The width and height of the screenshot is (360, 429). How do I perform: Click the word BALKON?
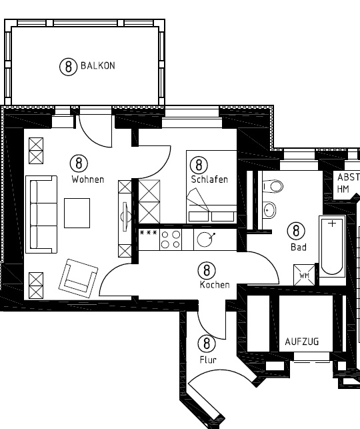[x=98, y=66]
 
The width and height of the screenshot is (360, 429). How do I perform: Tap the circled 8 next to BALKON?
[x=67, y=66]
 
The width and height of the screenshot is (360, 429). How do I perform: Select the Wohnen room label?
[x=87, y=179]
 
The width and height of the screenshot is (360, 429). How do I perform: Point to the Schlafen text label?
[x=209, y=179]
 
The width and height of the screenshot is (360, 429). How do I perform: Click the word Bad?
[x=297, y=247]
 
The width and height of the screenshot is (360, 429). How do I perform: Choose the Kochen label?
[x=215, y=285]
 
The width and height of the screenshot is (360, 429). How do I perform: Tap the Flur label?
[x=208, y=360]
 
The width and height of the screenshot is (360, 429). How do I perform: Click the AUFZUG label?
[x=302, y=342]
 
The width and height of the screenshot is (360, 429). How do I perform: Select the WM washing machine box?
[x=303, y=275]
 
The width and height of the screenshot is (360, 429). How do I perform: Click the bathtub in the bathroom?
[x=332, y=246]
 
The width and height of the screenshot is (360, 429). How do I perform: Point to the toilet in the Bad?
[x=273, y=186]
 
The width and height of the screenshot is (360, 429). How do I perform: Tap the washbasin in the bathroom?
[x=269, y=211]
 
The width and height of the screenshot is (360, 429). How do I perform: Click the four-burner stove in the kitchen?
[x=171, y=240]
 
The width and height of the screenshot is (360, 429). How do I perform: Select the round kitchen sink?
[x=206, y=240]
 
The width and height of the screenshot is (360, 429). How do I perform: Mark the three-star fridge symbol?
[x=148, y=233]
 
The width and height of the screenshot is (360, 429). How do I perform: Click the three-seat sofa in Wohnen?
[x=41, y=214]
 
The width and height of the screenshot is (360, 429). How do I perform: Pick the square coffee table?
[x=77, y=213]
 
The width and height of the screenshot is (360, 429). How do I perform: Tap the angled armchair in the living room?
[x=77, y=278]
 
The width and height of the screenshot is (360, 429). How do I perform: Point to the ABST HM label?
[x=347, y=183]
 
